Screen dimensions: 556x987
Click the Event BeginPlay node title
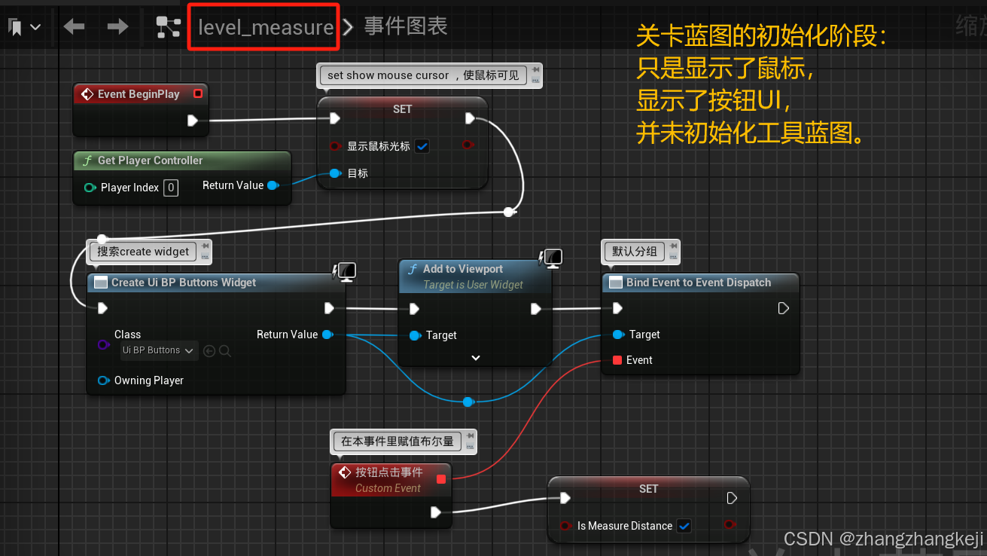(x=139, y=94)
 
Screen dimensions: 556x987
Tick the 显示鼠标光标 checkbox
(x=422, y=146)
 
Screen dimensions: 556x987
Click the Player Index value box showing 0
(x=171, y=188)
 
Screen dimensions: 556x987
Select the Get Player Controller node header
(x=150, y=160)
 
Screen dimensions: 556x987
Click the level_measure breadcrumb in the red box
(x=265, y=28)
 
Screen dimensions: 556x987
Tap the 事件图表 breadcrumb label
(x=406, y=27)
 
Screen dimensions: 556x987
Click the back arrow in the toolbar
(x=74, y=27)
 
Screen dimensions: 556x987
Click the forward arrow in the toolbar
(x=117, y=27)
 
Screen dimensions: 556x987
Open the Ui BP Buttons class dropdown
(x=159, y=350)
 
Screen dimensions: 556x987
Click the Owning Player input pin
(x=103, y=380)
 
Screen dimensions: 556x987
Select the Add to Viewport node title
(x=462, y=269)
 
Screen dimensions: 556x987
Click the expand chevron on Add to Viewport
(x=475, y=358)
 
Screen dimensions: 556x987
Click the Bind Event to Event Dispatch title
(x=698, y=283)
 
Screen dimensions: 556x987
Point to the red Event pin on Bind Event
(x=617, y=360)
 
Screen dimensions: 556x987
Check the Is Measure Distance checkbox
(x=684, y=526)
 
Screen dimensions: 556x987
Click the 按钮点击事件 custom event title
(x=388, y=472)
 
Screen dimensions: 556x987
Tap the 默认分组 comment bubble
(x=634, y=252)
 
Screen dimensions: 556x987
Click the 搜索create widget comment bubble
(x=143, y=252)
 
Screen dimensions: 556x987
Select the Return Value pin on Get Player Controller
(x=273, y=185)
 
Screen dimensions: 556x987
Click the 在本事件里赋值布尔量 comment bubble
(x=397, y=441)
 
